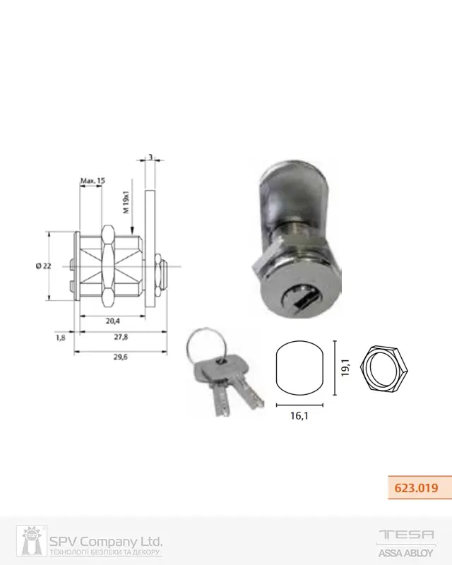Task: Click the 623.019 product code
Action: (416, 488)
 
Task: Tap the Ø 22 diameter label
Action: (43, 266)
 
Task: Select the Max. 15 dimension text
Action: (93, 181)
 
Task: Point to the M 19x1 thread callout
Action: (126, 202)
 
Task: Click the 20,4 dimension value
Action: (113, 321)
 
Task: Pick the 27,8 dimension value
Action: (121, 337)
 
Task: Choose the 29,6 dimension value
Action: (121, 357)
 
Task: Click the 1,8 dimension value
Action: (61, 338)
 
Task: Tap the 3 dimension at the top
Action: (150, 157)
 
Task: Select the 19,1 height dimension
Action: (345, 367)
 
